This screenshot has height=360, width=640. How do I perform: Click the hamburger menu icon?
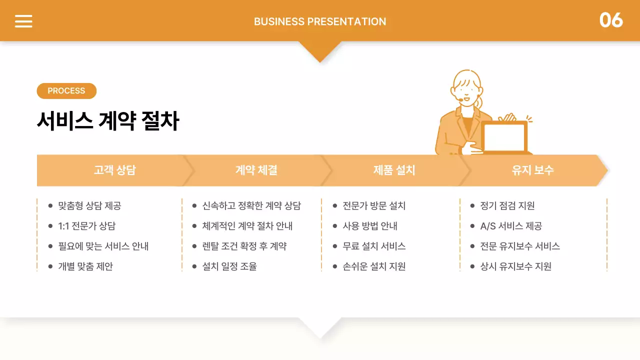[x=23, y=21]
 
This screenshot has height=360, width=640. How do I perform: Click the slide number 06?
[x=611, y=20]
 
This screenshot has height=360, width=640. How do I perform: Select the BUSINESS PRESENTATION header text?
[x=320, y=21]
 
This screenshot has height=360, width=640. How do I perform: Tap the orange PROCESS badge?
[x=66, y=91]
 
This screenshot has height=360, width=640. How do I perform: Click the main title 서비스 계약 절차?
[x=108, y=121]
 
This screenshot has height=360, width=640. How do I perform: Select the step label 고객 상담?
[x=114, y=170]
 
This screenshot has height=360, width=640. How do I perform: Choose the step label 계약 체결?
[x=256, y=170]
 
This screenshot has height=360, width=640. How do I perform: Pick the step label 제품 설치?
[x=394, y=170]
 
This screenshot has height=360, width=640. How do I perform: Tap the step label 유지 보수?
[x=532, y=170]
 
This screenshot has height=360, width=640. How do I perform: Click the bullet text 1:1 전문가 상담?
[x=86, y=226]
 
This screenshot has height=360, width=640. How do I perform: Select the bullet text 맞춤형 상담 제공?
[x=89, y=205]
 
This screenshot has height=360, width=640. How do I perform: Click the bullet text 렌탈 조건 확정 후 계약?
[x=244, y=246]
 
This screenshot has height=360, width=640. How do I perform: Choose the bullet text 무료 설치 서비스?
[x=374, y=246]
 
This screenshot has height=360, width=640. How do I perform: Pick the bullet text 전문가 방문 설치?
[x=374, y=205]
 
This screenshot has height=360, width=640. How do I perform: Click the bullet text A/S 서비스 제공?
[x=511, y=226]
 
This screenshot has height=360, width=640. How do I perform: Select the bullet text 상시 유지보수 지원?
[x=515, y=266]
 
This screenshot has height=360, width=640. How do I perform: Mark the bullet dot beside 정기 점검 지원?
[x=472, y=205]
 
